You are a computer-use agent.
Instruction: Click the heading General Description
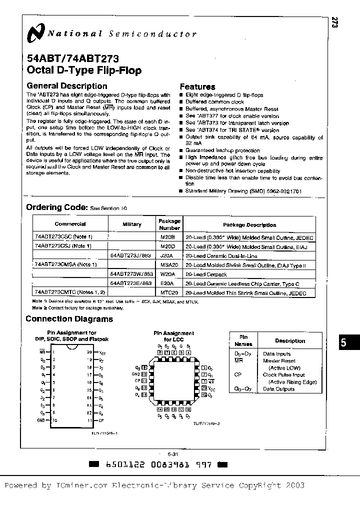pos(66,86)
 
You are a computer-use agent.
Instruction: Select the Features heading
pos(197,86)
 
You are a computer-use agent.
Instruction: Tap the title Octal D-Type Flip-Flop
pos(83,70)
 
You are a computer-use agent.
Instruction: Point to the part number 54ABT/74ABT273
pos(72,58)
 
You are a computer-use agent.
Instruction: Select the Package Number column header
pos(169,224)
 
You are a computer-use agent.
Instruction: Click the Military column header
pos(132,224)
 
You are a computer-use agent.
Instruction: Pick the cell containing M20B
pos(169,236)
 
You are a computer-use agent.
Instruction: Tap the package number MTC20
pos(169,293)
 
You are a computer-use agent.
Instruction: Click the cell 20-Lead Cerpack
pos(206,274)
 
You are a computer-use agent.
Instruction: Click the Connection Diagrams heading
pos(69,319)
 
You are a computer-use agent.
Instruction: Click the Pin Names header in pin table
pos(244,340)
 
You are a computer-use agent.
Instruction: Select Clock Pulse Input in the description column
pos(284,374)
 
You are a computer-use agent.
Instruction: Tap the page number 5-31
pos(173,453)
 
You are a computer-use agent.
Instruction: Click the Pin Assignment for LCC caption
pos(173,336)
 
